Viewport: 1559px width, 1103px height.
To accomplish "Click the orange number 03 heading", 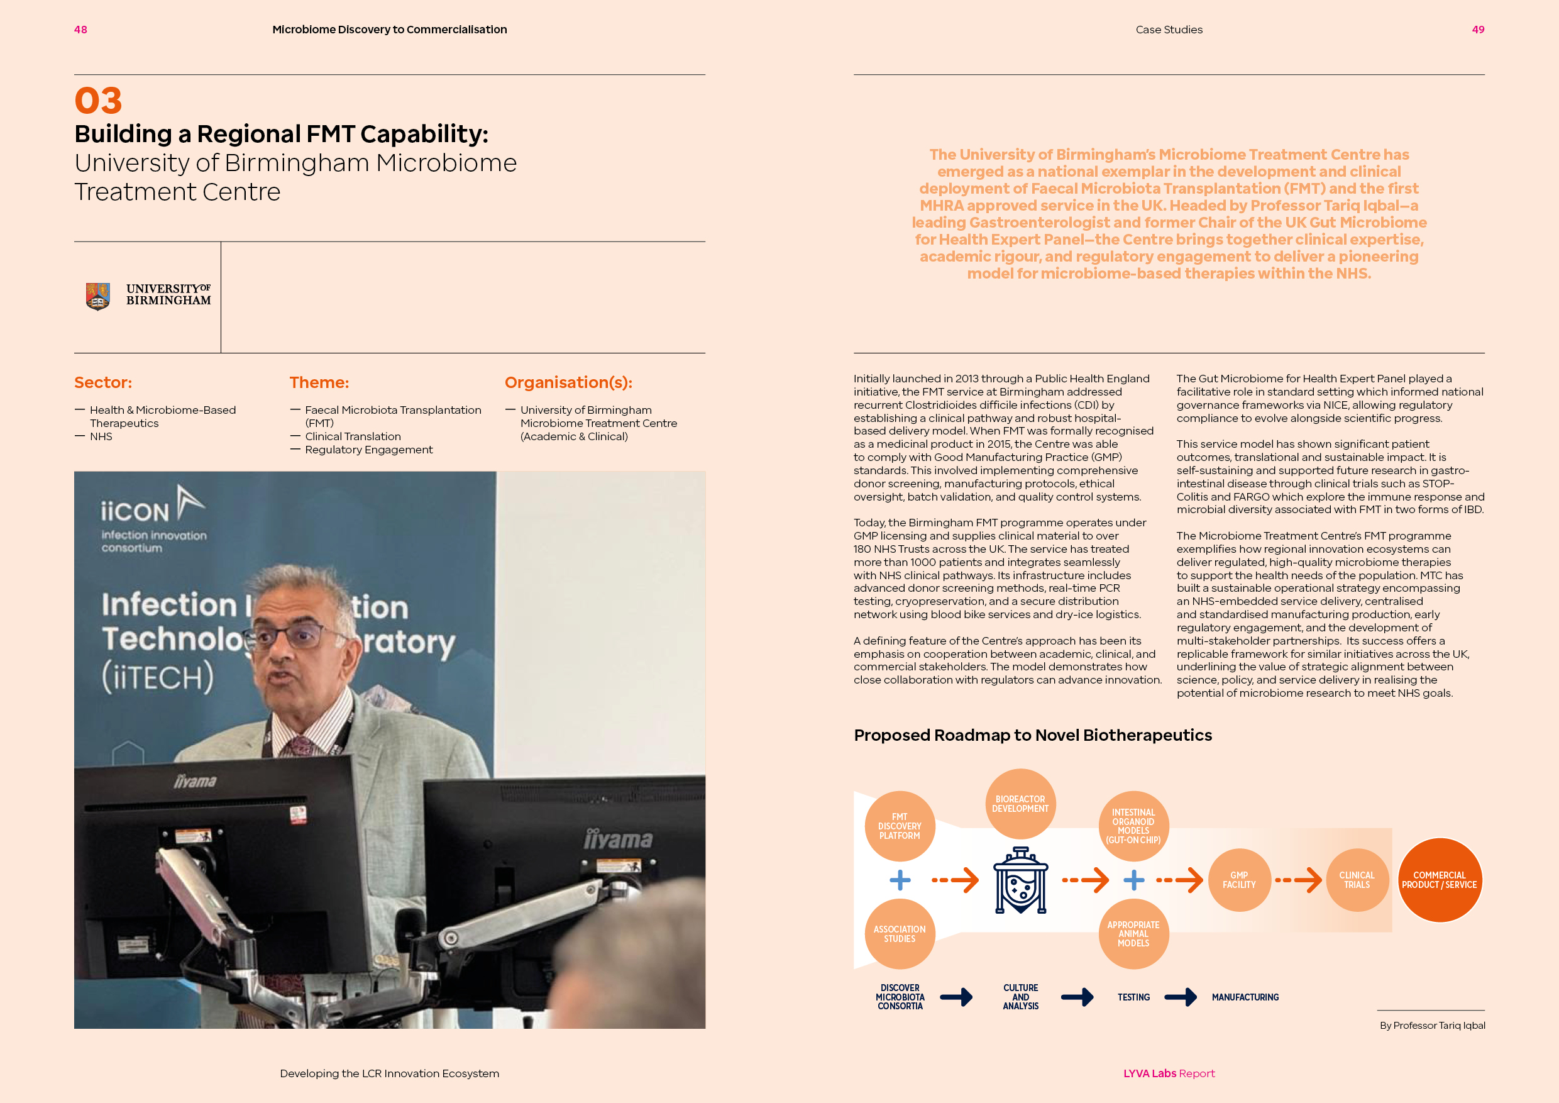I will point(98,101).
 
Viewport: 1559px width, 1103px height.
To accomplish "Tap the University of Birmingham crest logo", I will point(98,296).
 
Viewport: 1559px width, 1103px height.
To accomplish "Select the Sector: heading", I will point(103,382).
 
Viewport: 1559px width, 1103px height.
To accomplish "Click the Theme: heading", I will point(319,382).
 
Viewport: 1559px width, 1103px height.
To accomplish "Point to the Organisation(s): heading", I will point(568,382).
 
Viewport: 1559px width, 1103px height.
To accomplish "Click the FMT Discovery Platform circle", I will point(900,826).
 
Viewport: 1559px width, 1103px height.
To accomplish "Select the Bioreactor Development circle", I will point(1020,804).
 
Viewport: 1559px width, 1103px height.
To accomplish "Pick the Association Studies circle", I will point(900,934).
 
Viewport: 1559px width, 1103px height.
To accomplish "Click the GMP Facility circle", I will point(1239,880).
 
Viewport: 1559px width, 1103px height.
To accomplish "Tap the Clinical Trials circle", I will point(1357,880).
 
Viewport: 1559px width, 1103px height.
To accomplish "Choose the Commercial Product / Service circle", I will point(1440,880).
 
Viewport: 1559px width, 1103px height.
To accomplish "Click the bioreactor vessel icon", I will point(1020,881).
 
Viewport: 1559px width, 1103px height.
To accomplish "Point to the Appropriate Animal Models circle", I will point(1133,934).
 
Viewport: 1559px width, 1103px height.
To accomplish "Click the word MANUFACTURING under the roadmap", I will point(1245,997).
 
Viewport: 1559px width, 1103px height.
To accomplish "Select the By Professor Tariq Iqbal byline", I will point(1432,1026).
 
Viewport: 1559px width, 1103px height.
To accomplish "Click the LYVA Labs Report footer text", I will point(1169,1073).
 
